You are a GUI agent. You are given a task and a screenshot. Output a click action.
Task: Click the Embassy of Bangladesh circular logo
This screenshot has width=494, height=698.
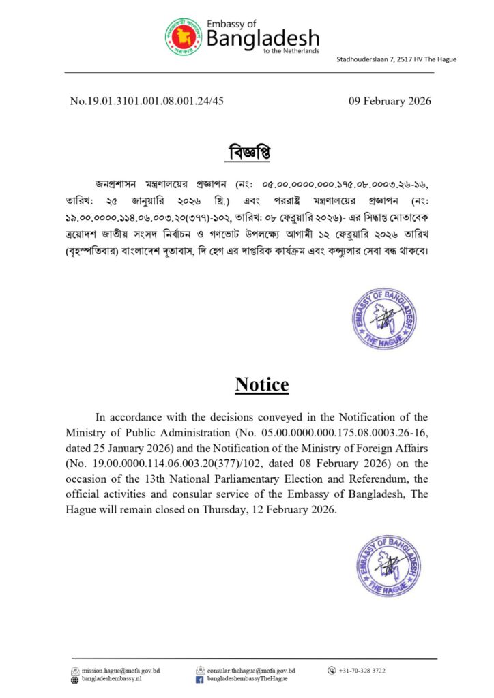point(182,37)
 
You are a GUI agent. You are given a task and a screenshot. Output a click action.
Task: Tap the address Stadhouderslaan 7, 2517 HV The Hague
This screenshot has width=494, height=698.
point(396,59)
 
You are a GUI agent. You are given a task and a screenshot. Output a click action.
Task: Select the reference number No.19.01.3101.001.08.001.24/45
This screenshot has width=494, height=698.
point(147,101)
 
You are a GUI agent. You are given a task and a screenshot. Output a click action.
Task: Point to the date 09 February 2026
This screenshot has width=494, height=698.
point(390,101)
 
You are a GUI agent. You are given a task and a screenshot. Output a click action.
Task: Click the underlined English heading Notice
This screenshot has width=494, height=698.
point(262,384)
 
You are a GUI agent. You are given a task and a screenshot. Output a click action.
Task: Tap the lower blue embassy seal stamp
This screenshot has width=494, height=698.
point(386,565)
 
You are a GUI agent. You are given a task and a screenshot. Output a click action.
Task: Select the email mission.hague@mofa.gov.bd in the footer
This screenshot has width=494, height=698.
point(121,671)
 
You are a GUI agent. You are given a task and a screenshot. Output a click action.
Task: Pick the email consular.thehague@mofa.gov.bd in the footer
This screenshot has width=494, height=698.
point(251,671)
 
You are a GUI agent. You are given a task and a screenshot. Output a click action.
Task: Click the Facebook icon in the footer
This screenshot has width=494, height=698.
point(200,680)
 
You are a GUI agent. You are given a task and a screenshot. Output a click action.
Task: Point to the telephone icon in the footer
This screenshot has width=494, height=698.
point(332,671)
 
